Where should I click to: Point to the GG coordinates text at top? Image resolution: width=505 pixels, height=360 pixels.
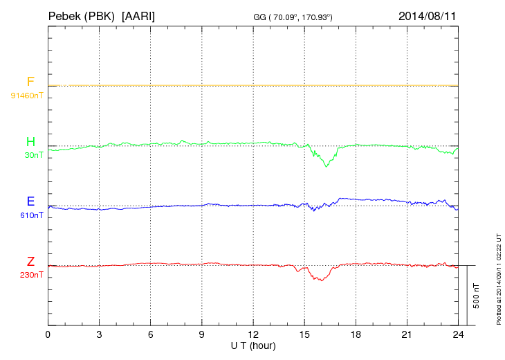pos(293,16)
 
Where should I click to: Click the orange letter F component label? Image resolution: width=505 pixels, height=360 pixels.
pos(30,82)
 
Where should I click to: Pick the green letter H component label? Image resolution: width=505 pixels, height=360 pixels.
pos(30,142)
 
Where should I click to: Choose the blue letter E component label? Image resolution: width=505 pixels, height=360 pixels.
pos(30,201)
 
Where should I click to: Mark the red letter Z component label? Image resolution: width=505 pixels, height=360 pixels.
pos(30,261)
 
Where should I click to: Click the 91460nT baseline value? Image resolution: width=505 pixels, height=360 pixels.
pos(26,95)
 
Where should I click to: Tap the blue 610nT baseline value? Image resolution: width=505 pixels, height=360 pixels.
pos(32,215)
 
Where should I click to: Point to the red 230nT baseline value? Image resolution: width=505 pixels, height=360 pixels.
pos(32,275)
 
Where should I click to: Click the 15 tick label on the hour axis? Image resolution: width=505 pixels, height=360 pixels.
pos(304,335)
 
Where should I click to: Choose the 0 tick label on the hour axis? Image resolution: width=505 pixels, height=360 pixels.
pos(48,335)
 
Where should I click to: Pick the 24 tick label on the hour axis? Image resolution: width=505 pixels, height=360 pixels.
pos(457,335)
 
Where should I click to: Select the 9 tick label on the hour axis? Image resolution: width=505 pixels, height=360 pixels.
pos(201,335)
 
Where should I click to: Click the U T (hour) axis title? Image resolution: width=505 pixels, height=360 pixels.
pos(252,345)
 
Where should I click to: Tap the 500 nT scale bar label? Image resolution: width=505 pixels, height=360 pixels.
pos(476,296)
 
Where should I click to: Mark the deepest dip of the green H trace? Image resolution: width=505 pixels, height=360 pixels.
pos(327,166)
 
